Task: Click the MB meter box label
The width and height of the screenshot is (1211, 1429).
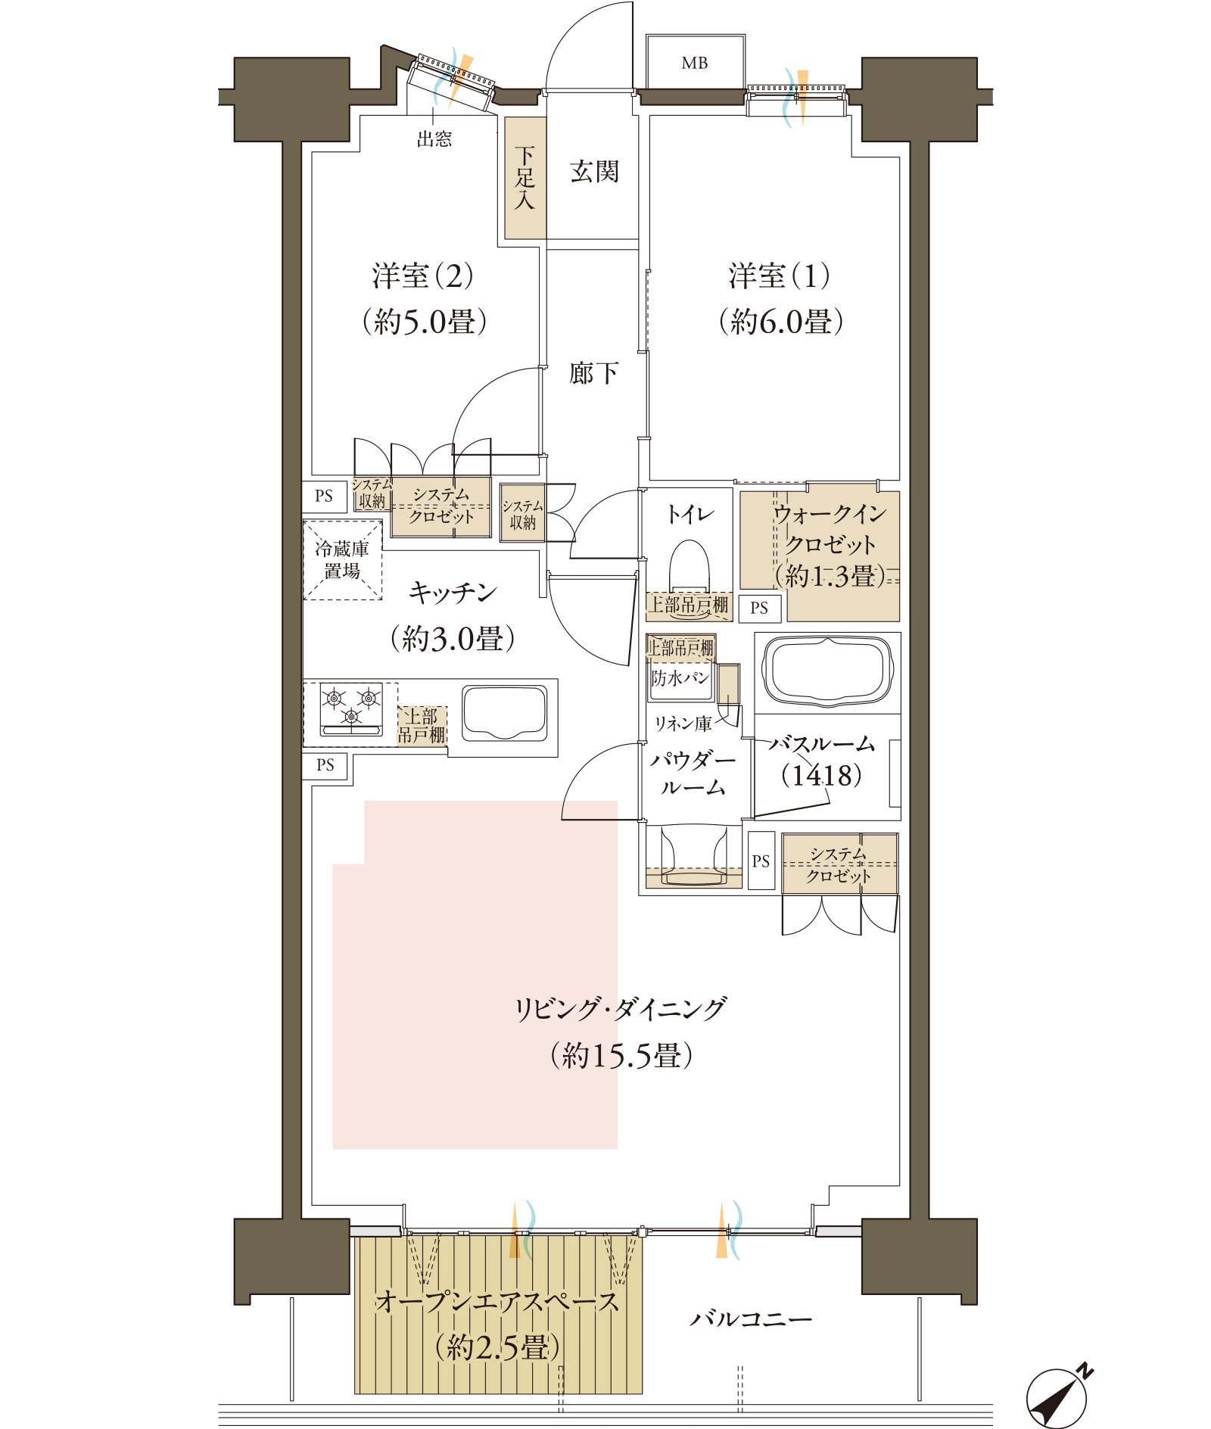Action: (x=694, y=64)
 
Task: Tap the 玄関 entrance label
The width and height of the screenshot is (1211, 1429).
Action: (x=594, y=172)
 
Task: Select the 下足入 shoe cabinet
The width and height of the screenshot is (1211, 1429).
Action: (x=525, y=178)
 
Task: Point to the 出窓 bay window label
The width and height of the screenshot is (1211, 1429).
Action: (x=434, y=139)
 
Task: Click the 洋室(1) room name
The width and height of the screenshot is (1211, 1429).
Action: (x=779, y=276)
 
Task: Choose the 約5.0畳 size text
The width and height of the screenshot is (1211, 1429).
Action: (x=425, y=322)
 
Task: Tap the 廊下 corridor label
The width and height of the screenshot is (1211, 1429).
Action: (x=594, y=373)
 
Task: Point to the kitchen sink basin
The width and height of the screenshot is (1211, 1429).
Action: (x=505, y=713)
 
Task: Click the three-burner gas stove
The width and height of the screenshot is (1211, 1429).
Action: (x=351, y=709)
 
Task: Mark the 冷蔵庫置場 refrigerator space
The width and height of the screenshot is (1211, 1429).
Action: (x=342, y=560)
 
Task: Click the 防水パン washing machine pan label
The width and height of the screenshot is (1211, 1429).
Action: (x=680, y=678)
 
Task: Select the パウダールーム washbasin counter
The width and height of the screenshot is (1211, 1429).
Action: (x=693, y=857)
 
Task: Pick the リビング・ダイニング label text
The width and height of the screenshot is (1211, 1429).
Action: (x=621, y=1009)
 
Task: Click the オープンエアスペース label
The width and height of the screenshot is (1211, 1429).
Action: (x=497, y=1302)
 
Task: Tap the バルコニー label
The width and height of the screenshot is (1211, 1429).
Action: (x=751, y=1319)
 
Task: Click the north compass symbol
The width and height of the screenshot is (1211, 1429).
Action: (x=1058, y=1396)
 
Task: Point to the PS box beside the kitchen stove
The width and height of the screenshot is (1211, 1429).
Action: (x=325, y=765)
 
